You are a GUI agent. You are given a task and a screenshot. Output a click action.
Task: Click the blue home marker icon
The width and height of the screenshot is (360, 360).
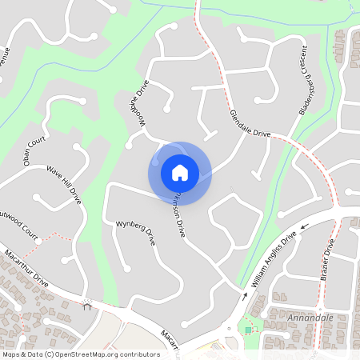(x=180, y=172)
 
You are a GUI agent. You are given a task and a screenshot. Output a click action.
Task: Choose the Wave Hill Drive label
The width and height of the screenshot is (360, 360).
(x=65, y=183)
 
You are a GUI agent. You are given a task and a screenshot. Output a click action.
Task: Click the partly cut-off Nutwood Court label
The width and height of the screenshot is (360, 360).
(x=19, y=217)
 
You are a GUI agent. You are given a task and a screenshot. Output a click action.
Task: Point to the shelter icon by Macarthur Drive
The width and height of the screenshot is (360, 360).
(x=86, y=304)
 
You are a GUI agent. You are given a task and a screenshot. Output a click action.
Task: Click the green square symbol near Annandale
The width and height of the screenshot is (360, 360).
(x=249, y=330)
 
